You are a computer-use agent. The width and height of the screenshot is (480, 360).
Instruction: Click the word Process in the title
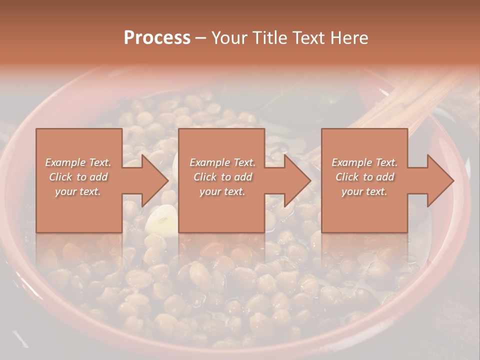(x=157, y=38)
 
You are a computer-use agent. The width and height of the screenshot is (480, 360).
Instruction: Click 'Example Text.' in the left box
(x=78, y=162)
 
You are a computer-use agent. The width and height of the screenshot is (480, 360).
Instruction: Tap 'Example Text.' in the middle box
(x=222, y=162)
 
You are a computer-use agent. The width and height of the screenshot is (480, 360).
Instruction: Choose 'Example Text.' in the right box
(x=364, y=162)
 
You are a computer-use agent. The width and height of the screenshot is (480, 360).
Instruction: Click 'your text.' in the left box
(x=78, y=191)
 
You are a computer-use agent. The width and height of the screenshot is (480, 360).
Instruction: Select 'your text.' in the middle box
(x=222, y=191)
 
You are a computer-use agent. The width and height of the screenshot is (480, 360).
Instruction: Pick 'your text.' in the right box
(x=364, y=191)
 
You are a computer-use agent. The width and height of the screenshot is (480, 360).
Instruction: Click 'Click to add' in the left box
(x=78, y=177)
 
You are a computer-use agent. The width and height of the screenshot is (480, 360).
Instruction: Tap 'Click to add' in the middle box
(x=222, y=177)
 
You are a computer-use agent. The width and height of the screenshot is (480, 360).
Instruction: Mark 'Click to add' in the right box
(x=364, y=177)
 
